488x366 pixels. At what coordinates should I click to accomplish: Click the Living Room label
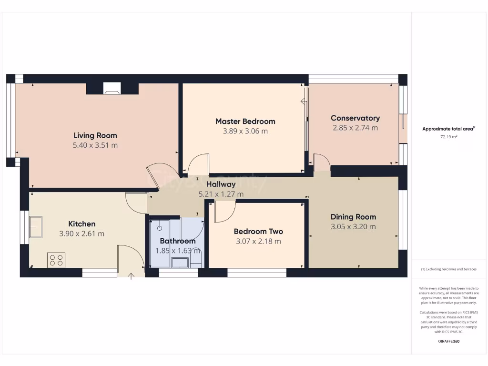pos(95,135)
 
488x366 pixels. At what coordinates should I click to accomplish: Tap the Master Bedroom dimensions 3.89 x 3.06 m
pos(245,131)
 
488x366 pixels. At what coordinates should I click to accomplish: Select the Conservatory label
pos(355,118)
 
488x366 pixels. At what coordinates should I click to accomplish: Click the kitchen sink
pos(35,226)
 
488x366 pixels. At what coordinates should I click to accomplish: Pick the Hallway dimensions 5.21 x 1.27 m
pos(221,194)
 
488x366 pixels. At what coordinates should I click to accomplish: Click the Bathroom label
pos(177,241)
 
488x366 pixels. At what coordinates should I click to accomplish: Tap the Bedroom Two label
pos(258,232)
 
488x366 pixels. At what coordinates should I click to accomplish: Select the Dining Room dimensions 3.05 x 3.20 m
pos(353,227)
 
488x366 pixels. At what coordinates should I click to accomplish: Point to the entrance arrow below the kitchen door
pos(131,275)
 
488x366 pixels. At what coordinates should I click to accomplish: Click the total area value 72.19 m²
pos(448,137)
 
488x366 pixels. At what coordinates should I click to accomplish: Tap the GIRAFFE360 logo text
pos(448,341)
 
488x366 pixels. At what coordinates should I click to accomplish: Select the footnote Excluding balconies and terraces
pos(448,269)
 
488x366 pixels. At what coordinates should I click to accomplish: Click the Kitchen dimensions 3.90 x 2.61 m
pos(81,234)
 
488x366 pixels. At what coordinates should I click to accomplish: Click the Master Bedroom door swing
pos(198,164)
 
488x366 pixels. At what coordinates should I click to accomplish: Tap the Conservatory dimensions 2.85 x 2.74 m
pos(355,128)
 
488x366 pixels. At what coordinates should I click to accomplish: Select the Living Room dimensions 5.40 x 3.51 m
pos(95,145)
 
